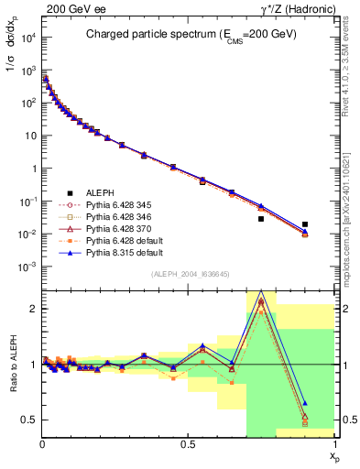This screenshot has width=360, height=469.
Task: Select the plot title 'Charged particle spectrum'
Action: click(183, 35)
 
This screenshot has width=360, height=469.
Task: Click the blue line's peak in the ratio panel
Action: click(261, 291)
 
